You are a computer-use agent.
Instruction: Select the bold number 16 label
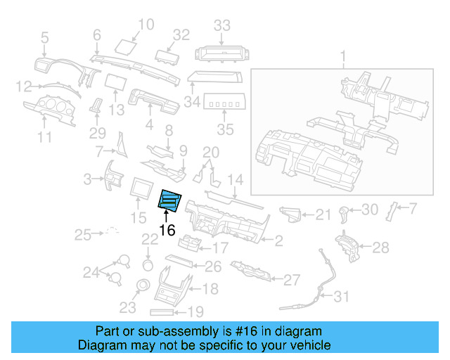(167, 230)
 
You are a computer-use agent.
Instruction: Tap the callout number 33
(222, 26)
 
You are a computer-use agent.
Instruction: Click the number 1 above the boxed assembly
(343, 56)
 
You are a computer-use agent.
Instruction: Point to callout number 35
(224, 130)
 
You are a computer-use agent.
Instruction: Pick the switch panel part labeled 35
(224, 105)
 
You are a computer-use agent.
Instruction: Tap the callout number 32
(181, 34)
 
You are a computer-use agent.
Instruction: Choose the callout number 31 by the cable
(340, 297)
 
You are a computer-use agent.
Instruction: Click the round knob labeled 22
(148, 264)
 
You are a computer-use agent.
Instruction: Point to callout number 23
(127, 307)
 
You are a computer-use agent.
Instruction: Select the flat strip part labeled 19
(166, 311)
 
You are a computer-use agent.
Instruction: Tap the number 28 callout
(380, 247)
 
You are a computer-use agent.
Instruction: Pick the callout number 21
(322, 214)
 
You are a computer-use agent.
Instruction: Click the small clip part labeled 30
(344, 211)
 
